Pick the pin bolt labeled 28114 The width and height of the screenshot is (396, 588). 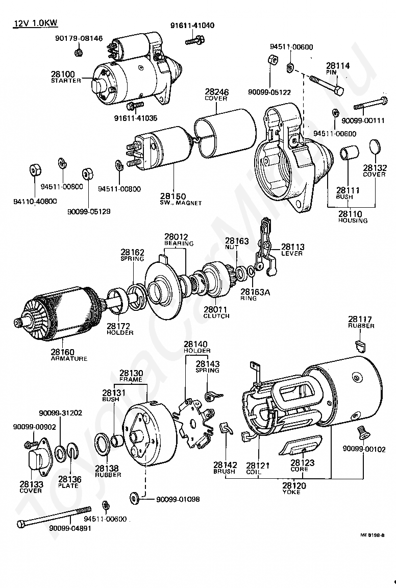coord(326,85)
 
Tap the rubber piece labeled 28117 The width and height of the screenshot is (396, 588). coord(361,346)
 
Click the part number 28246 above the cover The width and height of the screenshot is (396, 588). coord(216,92)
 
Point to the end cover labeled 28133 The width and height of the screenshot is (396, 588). coord(37,461)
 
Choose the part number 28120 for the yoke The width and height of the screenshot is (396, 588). coord(291,486)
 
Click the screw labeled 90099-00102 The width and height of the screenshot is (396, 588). coord(363,432)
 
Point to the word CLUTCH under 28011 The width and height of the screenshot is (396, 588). coord(216,316)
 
